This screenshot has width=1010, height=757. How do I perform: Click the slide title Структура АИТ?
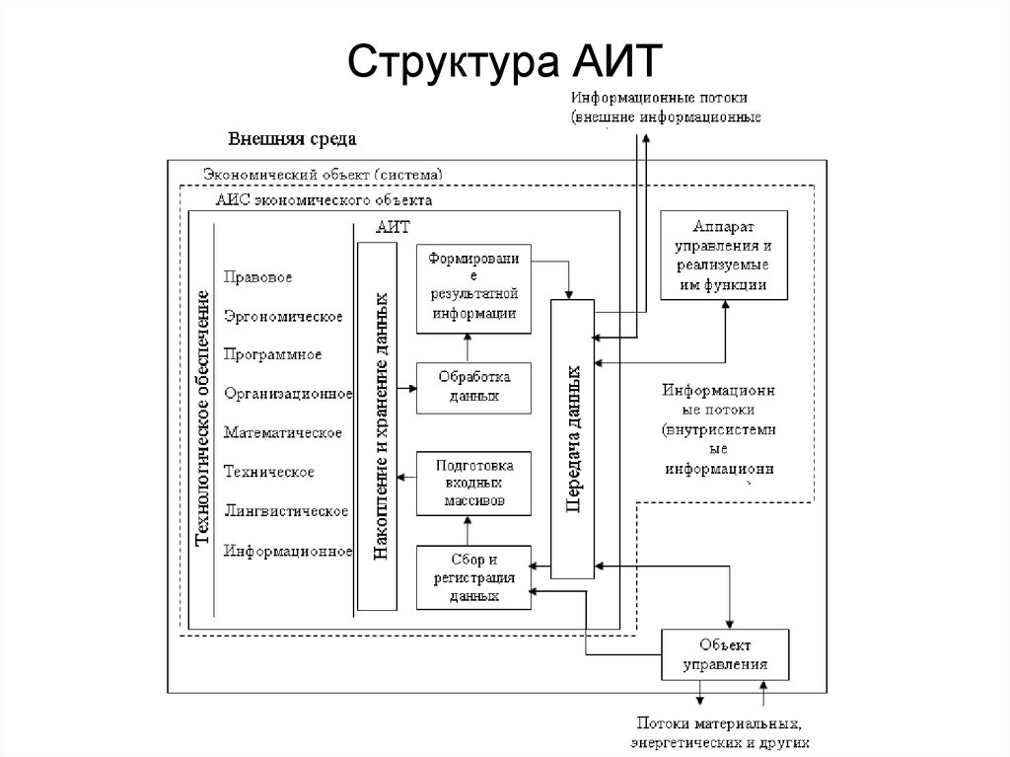[x=504, y=62]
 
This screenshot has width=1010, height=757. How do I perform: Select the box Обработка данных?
[x=473, y=388]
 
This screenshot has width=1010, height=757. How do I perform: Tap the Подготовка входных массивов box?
[x=473, y=484]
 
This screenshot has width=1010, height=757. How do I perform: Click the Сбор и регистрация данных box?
[x=473, y=577]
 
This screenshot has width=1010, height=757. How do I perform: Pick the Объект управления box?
[x=725, y=654]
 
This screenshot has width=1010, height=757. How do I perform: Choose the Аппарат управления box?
[x=724, y=256]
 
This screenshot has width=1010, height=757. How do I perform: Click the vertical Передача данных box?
[x=573, y=439]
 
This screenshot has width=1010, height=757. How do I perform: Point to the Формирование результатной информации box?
[x=473, y=288]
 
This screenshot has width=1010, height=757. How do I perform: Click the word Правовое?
[x=257, y=277]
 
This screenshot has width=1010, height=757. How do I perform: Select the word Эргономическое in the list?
[x=283, y=317]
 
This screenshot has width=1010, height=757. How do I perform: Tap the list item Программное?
[x=272, y=354]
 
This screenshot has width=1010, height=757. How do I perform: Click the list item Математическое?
[x=283, y=432]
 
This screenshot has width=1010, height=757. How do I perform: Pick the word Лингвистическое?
[x=286, y=511]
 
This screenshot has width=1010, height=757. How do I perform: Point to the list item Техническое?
[x=268, y=472]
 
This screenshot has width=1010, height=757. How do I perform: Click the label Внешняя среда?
[x=292, y=138]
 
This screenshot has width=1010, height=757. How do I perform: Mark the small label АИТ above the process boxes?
[x=393, y=227]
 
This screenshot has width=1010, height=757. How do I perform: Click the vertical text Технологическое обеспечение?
[x=203, y=418]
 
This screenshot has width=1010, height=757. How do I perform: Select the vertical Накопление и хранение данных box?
[x=378, y=426]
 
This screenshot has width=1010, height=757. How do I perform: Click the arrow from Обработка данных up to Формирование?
[x=468, y=348]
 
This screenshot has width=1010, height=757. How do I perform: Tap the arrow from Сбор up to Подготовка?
[x=468, y=531]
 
